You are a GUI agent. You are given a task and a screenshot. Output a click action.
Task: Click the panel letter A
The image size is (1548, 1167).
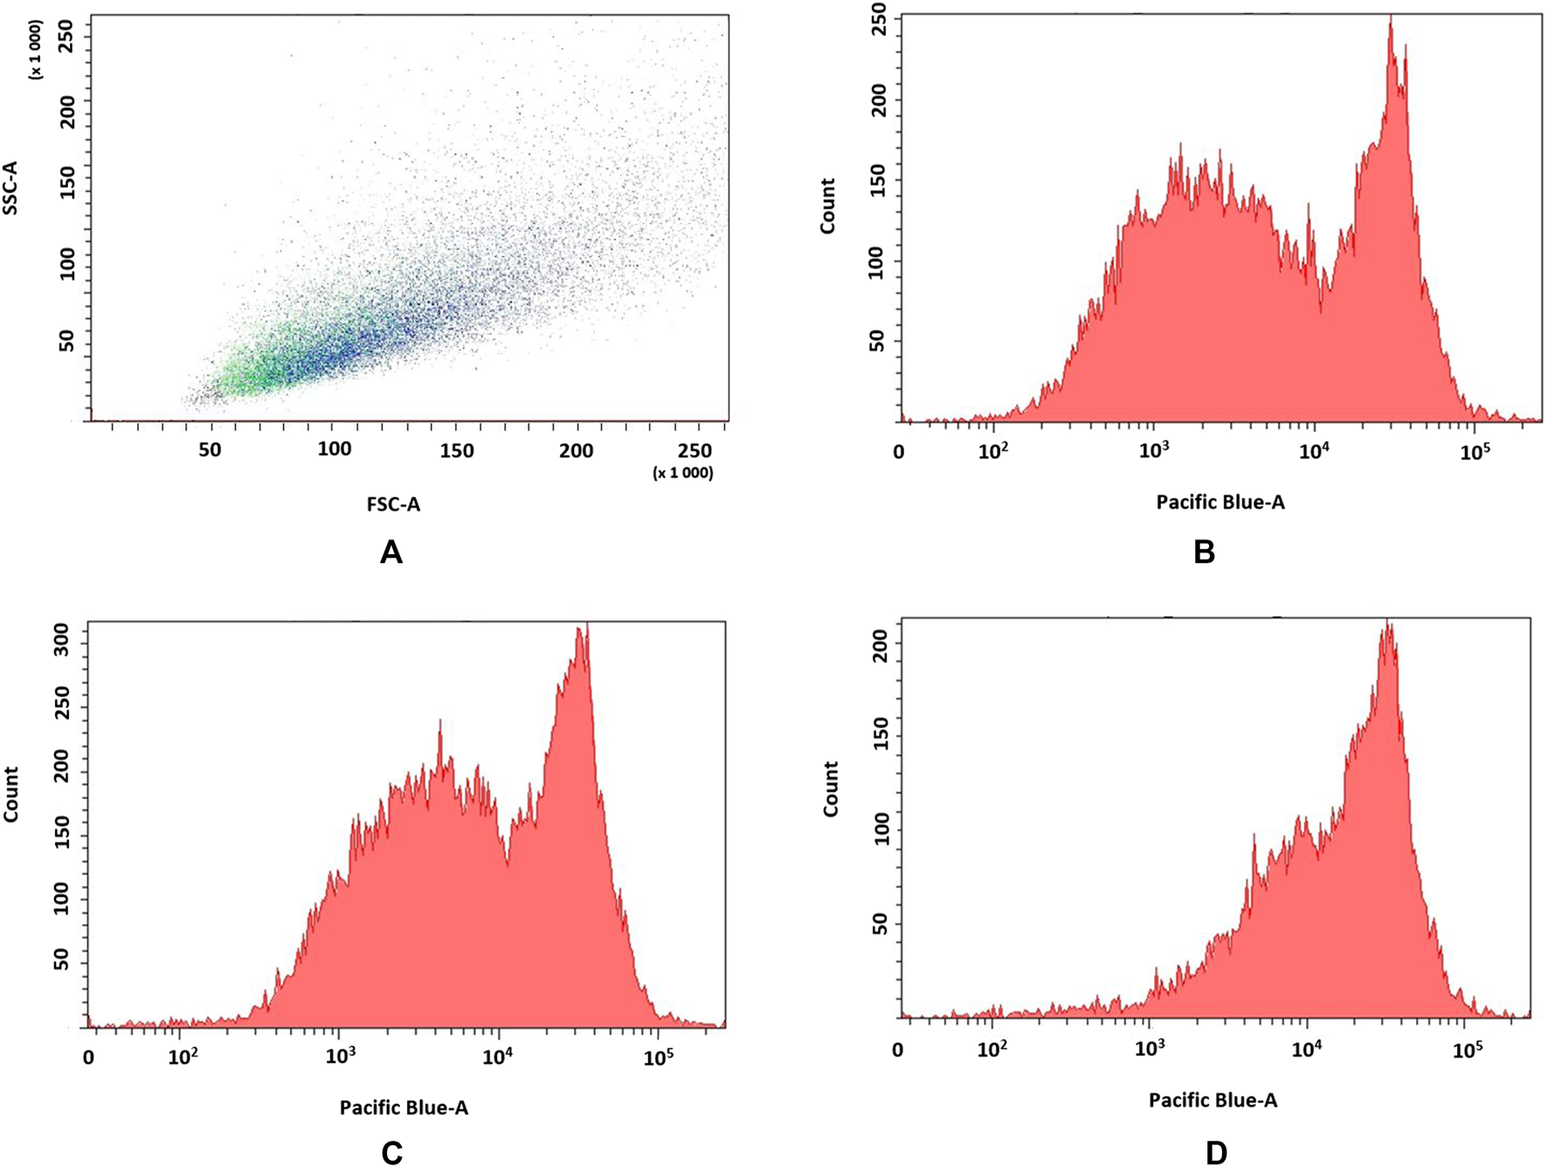pyautogui.click(x=390, y=552)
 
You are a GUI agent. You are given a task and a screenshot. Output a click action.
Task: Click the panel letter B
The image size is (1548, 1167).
pyautogui.click(x=1204, y=552)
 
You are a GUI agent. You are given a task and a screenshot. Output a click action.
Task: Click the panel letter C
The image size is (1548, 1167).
pyautogui.click(x=391, y=1153)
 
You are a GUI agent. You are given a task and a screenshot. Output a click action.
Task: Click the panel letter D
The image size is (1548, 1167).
pyautogui.click(x=1216, y=1153)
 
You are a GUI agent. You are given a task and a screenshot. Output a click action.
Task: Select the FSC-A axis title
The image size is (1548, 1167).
pyautogui.click(x=393, y=504)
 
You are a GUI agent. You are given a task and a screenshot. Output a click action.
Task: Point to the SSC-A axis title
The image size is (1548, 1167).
pyautogui.click(x=11, y=188)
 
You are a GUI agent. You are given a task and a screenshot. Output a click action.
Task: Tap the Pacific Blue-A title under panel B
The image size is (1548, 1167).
pyautogui.click(x=1220, y=503)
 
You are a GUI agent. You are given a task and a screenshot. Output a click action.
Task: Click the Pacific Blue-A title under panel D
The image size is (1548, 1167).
pyautogui.click(x=1213, y=1101)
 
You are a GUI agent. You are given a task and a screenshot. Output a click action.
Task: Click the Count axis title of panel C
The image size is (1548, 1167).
pyautogui.click(x=11, y=795)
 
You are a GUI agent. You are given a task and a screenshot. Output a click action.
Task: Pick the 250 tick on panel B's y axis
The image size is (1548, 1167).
pyautogui.click(x=878, y=19)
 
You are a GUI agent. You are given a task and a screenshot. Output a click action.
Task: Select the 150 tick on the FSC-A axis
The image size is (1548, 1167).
pyautogui.click(x=456, y=451)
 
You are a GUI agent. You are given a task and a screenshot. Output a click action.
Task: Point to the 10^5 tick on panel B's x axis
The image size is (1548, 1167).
pyautogui.click(x=1475, y=452)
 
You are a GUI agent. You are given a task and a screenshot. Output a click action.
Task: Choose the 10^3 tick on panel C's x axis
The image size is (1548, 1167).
pyautogui.click(x=339, y=1057)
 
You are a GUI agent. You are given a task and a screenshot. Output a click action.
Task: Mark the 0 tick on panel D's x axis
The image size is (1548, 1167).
pyautogui.click(x=898, y=1050)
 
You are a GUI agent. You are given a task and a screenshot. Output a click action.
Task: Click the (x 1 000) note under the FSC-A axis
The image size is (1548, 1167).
pyautogui.click(x=682, y=473)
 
